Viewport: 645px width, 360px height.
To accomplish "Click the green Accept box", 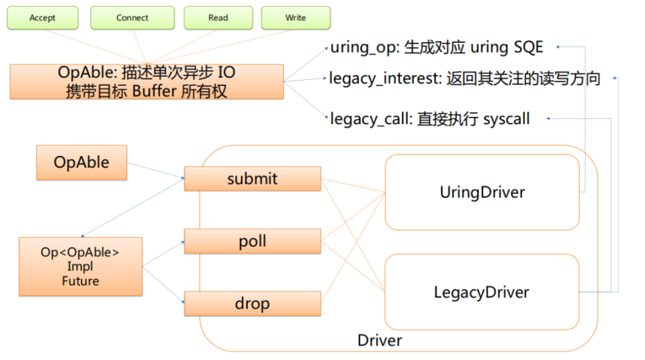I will pyautogui.click(x=42, y=18).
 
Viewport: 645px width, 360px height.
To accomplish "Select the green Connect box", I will pyautogui.click(x=132, y=18).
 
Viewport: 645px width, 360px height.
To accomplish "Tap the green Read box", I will pyautogui.click(x=218, y=18).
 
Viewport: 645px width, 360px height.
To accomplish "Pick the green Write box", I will pyautogui.click(x=296, y=18).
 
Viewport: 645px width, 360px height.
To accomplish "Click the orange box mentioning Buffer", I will pyautogui.click(x=146, y=82).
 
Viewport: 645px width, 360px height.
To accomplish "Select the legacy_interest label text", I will pyautogui.click(x=382, y=79).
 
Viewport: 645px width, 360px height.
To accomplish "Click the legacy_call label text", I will pyautogui.click(x=370, y=120).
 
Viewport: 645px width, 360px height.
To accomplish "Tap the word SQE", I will pyautogui.click(x=528, y=48).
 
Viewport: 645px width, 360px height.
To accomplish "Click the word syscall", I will pyautogui.click(x=507, y=120).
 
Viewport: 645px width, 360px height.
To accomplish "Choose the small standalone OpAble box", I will pyautogui.click(x=81, y=163).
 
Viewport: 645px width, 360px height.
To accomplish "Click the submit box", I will pyautogui.click(x=252, y=179).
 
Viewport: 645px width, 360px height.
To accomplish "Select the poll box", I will pyautogui.click(x=252, y=242).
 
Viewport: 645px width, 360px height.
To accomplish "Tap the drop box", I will pyautogui.click(x=252, y=304).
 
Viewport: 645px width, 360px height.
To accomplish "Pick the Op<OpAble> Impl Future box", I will pyautogui.click(x=81, y=267).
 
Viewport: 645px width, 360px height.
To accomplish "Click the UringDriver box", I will pyautogui.click(x=482, y=193).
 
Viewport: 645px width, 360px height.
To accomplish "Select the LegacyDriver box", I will pyautogui.click(x=481, y=292).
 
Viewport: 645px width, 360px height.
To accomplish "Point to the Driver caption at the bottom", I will pyautogui.click(x=380, y=341).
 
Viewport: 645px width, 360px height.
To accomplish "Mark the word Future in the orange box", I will pyautogui.click(x=81, y=281).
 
